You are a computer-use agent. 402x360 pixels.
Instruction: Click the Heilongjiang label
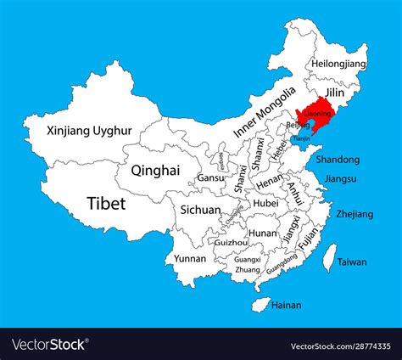click(x=339, y=63)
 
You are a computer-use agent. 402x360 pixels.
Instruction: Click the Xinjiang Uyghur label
click(x=77, y=131)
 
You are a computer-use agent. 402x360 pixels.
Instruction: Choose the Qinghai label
click(x=155, y=170)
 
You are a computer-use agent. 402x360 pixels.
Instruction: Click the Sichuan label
click(x=200, y=209)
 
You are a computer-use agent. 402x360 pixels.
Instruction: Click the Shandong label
click(x=338, y=159)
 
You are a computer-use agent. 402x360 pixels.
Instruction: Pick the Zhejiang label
click(x=355, y=214)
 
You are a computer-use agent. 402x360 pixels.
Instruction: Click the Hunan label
click(x=263, y=232)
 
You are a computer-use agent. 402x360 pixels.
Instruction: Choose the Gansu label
click(x=211, y=177)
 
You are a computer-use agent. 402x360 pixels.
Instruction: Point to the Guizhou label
click(x=231, y=242)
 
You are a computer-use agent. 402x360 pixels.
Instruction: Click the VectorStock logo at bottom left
click(x=49, y=344)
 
